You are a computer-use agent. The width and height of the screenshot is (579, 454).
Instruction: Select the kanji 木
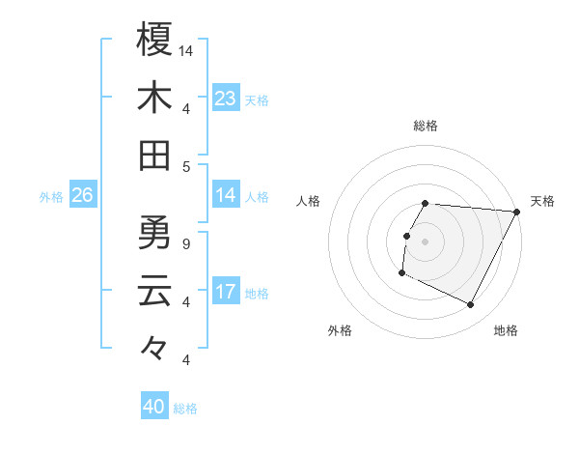(154, 98)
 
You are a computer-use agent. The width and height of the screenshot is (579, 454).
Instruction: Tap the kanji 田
(154, 155)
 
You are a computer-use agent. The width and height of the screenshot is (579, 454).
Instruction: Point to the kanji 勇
(154, 233)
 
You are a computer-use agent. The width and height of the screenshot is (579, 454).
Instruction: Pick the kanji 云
(154, 291)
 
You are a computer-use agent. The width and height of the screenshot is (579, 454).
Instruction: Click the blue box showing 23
(226, 98)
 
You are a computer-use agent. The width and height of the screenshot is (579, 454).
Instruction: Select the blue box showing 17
(226, 292)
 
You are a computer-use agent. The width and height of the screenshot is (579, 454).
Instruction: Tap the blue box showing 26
(82, 195)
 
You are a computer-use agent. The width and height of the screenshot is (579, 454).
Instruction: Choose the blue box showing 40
(154, 407)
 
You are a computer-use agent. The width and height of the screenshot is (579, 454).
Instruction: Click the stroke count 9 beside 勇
(185, 243)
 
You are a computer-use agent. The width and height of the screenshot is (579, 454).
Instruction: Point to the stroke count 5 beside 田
(185, 166)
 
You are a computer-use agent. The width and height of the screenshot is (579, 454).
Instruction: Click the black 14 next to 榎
(187, 50)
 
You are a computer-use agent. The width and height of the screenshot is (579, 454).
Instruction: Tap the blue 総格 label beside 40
(185, 409)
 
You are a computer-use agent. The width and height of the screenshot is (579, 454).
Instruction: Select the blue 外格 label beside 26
(51, 197)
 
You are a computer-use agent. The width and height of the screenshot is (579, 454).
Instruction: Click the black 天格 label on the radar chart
(542, 201)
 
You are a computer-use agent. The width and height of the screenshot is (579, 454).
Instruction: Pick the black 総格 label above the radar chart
(426, 126)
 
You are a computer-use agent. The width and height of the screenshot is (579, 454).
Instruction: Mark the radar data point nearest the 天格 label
(516, 212)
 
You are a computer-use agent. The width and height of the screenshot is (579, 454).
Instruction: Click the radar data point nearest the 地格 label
(471, 305)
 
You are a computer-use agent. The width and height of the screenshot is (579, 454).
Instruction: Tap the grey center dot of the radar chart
(426, 241)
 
